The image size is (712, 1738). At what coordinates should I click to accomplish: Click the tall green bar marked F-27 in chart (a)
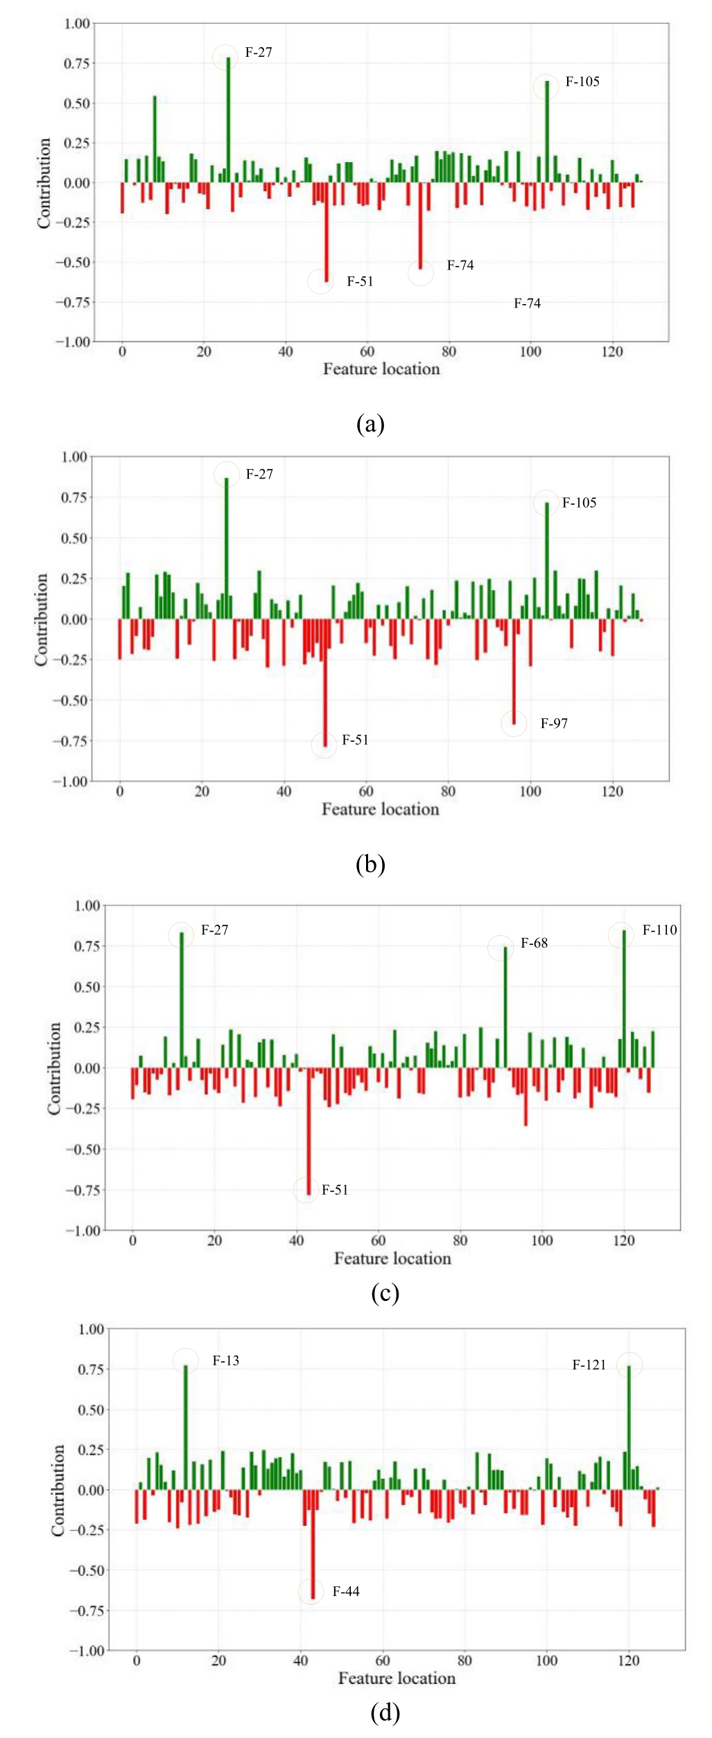(x=228, y=118)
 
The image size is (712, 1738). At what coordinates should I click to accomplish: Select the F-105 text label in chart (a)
(x=582, y=82)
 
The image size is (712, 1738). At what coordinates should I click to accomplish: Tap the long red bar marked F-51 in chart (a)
(x=327, y=232)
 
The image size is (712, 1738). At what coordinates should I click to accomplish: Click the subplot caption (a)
(x=370, y=423)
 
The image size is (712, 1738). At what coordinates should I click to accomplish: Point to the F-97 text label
(x=554, y=723)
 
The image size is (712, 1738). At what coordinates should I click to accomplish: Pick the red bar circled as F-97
(x=514, y=672)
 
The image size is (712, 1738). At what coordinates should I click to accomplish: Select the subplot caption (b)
(x=370, y=864)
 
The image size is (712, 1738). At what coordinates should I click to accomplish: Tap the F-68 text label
(x=534, y=943)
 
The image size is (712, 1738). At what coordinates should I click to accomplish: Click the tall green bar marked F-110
(x=623, y=998)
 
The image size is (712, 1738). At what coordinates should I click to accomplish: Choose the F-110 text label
(x=659, y=930)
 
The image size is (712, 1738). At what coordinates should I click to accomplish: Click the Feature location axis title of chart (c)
(x=392, y=1258)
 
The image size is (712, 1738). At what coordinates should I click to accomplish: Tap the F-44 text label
(x=345, y=1591)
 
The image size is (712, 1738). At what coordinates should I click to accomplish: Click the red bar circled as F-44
(x=313, y=1544)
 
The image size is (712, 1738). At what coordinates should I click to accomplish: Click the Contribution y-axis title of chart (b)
(x=42, y=619)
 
